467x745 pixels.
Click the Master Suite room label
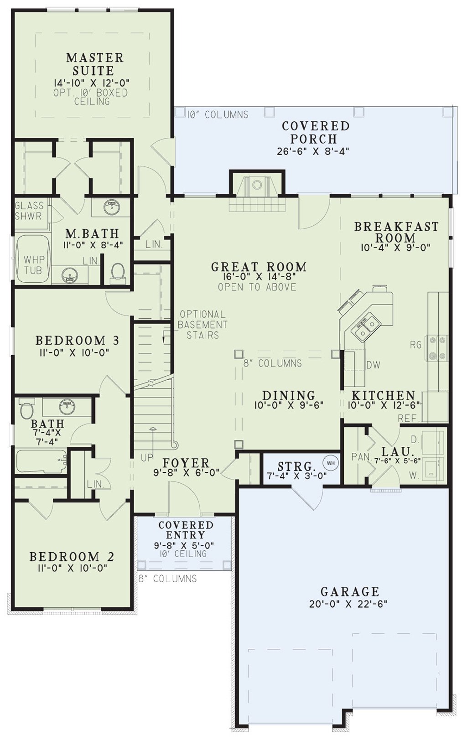pyautogui.click(x=95, y=64)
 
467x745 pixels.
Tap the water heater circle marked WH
pyautogui.click(x=330, y=463)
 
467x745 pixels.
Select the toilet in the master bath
pyautogui.click(x=118, y=272)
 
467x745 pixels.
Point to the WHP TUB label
pyautogui.click(x=32, y=265)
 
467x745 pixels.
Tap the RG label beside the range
pyautogui.click(x=416, y=345)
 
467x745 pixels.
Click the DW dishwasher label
pyautogui.click(x=373, y=365)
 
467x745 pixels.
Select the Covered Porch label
pyautogui.click(x=315, y=132)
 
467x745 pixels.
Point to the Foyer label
pyautogui.click(x=186, y=463)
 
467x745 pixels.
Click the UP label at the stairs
pyautogui.click(x=146, y=458)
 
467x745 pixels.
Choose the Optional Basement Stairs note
pyautogui.click(x=202, y=324)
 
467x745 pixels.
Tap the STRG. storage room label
pyautogui.click(x=296, y=466)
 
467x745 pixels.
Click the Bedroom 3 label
pyautogui.click(x=77, y=341)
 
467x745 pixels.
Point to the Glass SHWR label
pyautogui.click(x=29, y=211)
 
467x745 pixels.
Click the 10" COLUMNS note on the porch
pyautogui.click(x=218, y=115)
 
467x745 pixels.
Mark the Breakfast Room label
pyautogui.click(x=396, y=232)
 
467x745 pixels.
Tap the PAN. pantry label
pyautogui.click(x=361, y=457)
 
